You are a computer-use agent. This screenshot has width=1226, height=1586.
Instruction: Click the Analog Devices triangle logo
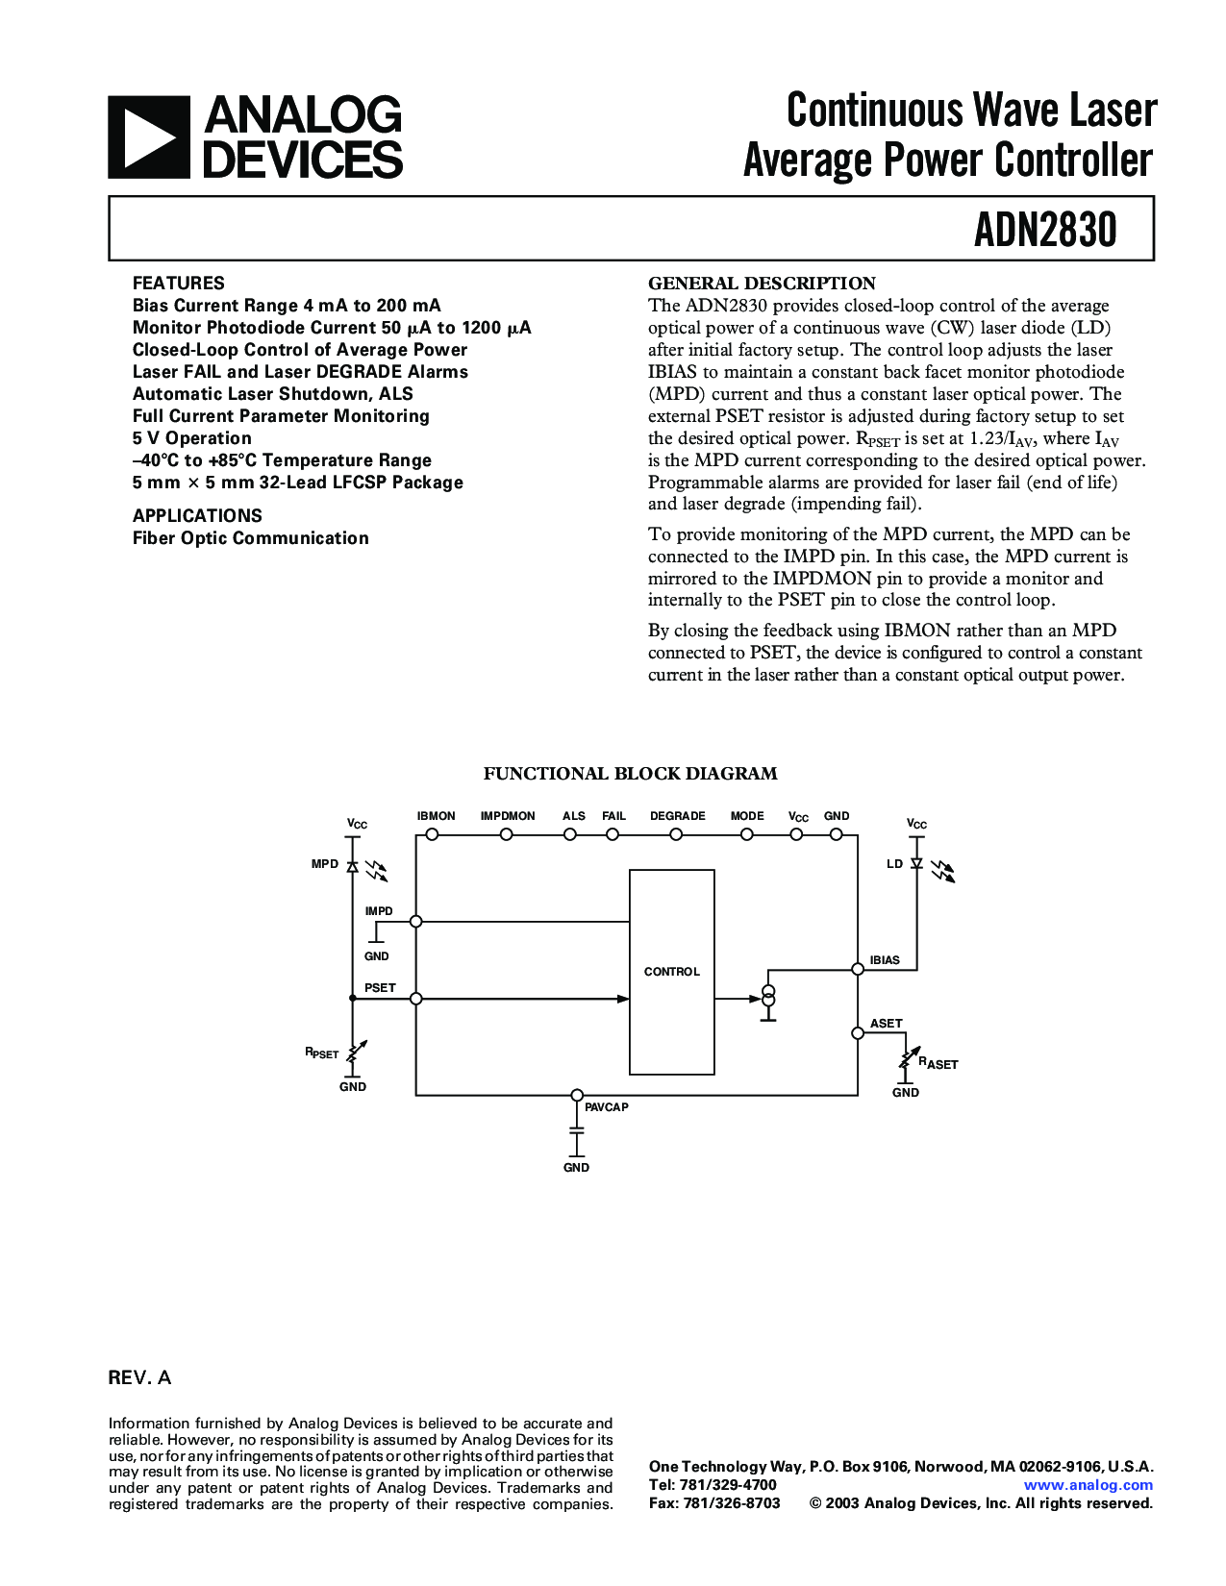tap(149, 137)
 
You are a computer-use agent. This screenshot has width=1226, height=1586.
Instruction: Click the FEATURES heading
tap(178, 284)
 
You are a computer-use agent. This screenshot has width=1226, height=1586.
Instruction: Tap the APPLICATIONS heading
tap(197, 516)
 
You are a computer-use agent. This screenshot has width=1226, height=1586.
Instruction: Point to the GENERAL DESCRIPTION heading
tap(762, 284)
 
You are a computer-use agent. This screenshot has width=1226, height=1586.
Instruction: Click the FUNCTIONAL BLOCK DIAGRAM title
tap(630, 774)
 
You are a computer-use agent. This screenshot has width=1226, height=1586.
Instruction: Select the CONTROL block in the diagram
tap(671, 972)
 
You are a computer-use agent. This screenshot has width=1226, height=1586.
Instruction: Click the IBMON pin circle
tap(433, 834)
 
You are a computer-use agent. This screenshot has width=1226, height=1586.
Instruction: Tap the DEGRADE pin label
tap(678, 816)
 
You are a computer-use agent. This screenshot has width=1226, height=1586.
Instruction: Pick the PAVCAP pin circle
tap(577, 1095)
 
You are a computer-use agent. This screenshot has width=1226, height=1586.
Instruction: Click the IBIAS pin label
tap(885, 960)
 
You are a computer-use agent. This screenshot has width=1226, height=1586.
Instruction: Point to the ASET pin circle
tap(858, 1033)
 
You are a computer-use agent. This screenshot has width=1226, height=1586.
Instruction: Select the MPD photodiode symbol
tap(352, 866)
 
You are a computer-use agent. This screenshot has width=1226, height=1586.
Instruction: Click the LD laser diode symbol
tap(916, 864)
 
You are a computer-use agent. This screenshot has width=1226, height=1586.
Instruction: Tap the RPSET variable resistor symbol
tap(353, 1053)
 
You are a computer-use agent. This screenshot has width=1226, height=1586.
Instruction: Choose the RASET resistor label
tap(938, 1063)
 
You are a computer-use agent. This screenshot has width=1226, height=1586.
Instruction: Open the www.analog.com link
tap(1088, 1485)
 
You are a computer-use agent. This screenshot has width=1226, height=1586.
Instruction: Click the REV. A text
tap(139, 1378)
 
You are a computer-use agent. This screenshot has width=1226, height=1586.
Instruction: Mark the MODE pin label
tap(747, 816)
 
